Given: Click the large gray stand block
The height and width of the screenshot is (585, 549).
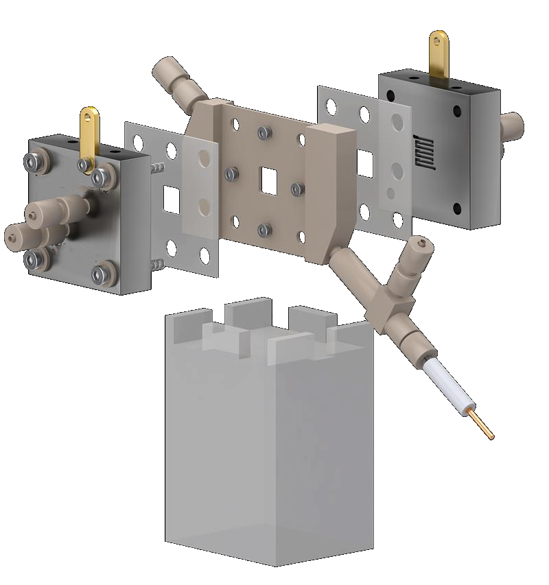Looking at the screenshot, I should pos(268,453).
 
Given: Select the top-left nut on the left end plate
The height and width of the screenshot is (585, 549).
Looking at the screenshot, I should pos(32,162).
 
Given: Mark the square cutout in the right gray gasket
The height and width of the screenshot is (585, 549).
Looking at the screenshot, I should pos(365,163).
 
